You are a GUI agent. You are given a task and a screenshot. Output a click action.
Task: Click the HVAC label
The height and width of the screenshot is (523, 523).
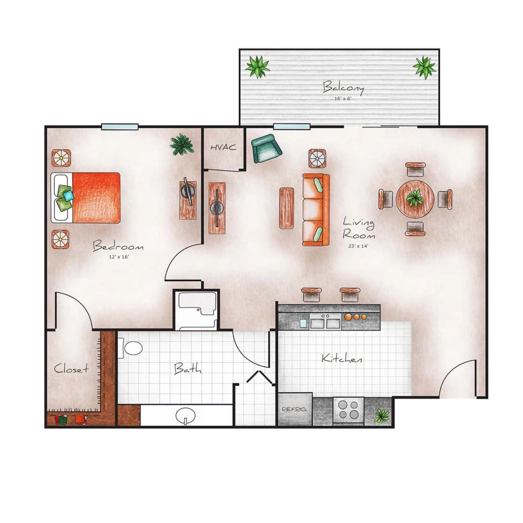pyautogui.click(x=223, y=147)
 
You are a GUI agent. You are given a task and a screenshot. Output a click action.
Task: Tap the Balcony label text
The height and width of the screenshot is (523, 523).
pyautogui.click(x=343, y=86)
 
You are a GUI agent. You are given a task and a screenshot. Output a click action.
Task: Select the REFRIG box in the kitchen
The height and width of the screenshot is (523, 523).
pyautogui.click(x=294, y=409)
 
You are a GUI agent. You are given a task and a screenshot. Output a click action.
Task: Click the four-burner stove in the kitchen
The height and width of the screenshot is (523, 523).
pyautogui.click(x=348, y=410)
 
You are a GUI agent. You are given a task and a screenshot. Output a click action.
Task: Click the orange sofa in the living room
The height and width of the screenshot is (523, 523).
pyautogui.click(x=316, y=210)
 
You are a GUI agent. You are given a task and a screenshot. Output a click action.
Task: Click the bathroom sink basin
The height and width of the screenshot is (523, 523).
pyautogui.click(x=185, y=416)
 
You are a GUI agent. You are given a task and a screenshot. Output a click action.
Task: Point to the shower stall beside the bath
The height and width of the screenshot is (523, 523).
pyautogui.click(x=196, y=310)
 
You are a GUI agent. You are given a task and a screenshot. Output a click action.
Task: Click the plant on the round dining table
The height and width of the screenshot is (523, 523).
pyautogui.click(x=415, y=199)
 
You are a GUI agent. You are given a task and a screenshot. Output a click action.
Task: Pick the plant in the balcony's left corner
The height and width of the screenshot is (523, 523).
pyautogui.click(x=257, y=66)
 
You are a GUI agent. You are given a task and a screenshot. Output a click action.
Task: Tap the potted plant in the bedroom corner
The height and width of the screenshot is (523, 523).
pyautogui.click(x=181, y=144)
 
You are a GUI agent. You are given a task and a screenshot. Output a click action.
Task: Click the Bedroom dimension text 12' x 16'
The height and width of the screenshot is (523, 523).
pyautogui.click(x=118, y=257)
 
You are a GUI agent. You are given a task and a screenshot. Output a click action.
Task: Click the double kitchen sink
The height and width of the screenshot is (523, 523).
pyautogui.click(x=325, y=323)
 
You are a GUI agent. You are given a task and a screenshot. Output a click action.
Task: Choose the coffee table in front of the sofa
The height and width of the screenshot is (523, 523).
pyautogui.click(x=287, y=208)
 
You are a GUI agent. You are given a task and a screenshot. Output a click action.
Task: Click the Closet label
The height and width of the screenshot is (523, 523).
pyautogui.click(x=71, y=369)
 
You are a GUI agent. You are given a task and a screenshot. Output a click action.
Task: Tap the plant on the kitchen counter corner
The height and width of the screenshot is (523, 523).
pyautogui.click(x=381, y=416)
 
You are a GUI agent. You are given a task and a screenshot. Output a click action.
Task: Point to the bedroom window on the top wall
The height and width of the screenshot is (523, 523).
pyautogui.click(x=120, y=127)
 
